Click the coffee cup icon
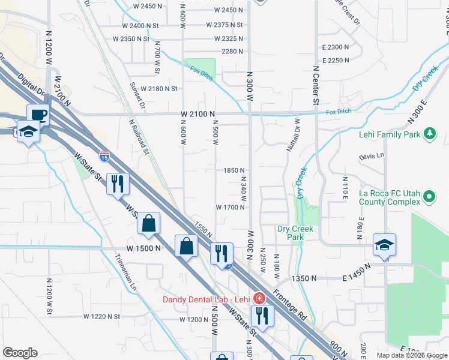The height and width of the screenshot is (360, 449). (38, 115)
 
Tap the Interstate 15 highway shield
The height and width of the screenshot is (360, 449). (104, 157)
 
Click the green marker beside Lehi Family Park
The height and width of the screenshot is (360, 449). (430, 133)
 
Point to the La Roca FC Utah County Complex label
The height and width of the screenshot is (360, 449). (388, 197)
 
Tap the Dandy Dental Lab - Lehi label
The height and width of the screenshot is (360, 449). (208, 298)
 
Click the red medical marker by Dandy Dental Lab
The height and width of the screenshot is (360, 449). (259, 298)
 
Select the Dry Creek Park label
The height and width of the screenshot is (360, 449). (291, 233)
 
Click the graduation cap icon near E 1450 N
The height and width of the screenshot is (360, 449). (384, 245)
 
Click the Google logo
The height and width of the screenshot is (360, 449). (20, 353)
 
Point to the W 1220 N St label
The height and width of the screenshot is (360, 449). (102, 316)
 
